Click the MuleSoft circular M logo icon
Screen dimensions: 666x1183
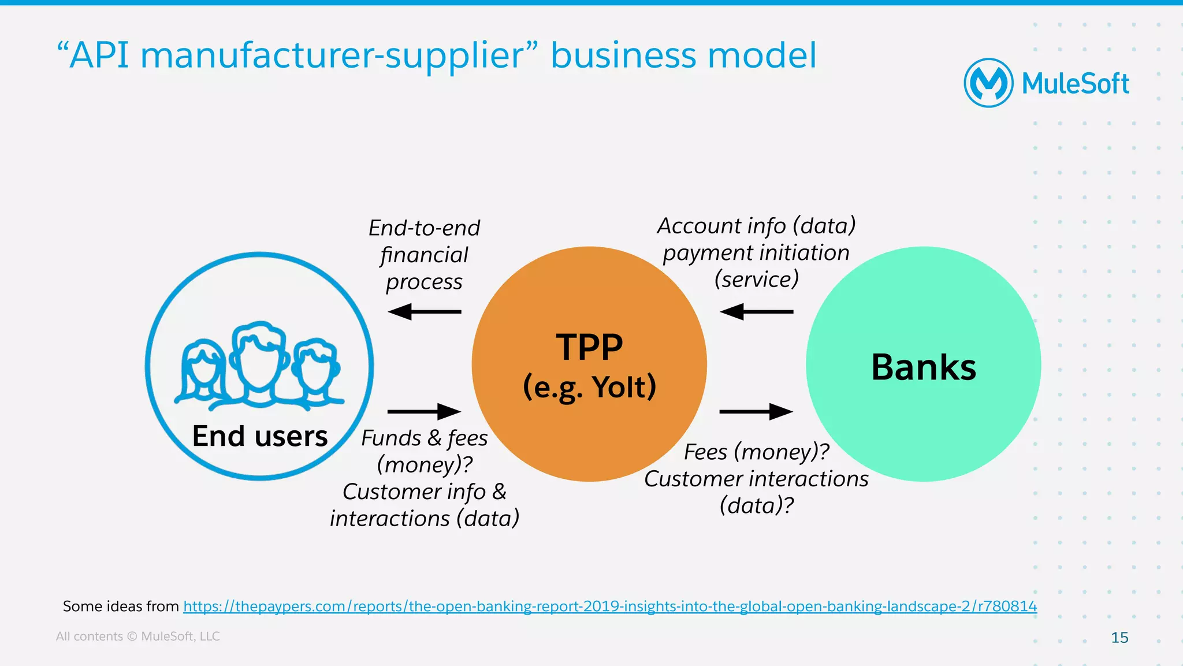988,83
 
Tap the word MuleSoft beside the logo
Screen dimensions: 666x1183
1075,84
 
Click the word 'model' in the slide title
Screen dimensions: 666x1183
762,56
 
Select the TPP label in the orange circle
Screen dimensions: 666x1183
589,347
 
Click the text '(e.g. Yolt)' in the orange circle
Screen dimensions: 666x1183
589,387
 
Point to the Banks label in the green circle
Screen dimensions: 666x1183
923,367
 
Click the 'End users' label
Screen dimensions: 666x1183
259,436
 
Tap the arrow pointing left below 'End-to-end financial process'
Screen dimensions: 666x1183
424,312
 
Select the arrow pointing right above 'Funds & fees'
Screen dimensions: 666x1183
424,412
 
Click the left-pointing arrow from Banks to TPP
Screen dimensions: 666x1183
756,312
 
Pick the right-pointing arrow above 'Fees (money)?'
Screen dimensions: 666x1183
756,412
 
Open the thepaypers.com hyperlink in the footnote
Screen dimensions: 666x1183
610,607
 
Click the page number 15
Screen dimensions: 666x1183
1119,638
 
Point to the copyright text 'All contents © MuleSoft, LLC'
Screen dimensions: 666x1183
137,637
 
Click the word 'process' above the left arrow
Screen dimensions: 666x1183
424,282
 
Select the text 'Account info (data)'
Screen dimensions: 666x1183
756,226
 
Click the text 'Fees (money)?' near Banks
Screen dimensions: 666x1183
756,452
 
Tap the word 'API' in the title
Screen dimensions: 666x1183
99,56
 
